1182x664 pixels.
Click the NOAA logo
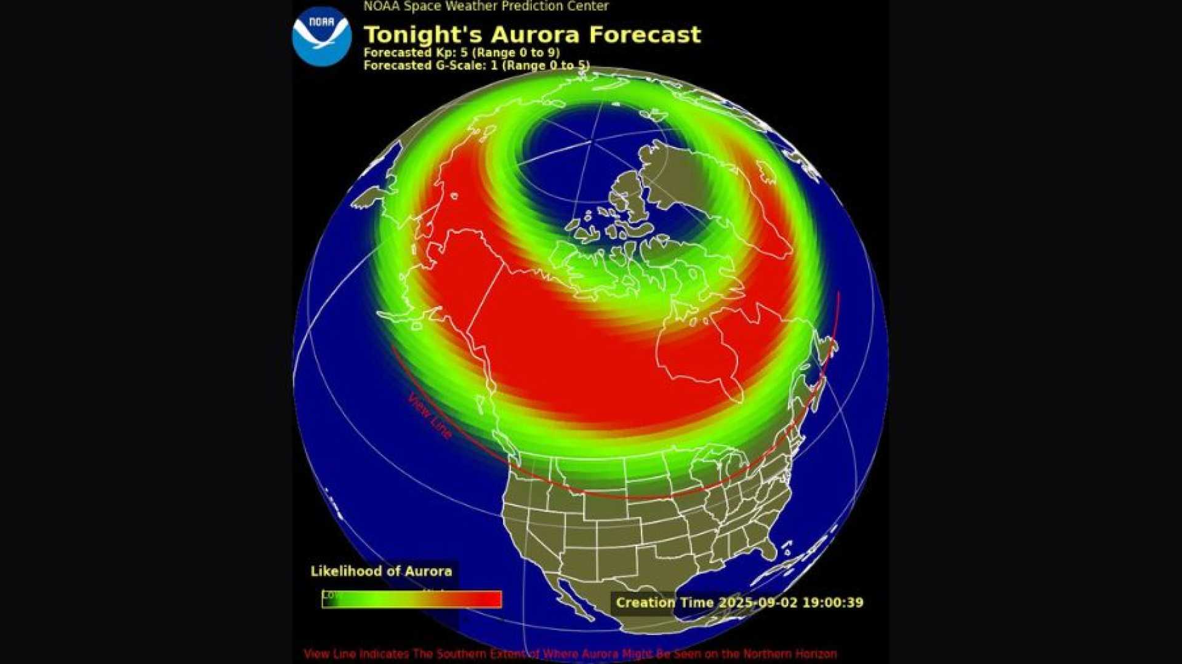pyautogui.click(x=321, y=36)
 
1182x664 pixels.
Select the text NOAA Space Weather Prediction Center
pyautogui.click(x=486, y=7)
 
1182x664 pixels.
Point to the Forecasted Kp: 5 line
pyautogui.click(x=461, y=53)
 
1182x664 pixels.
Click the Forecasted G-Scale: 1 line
pyautogui.click(x=476, y=65)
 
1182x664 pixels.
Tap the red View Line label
pyautogui.click(x=429, y=417)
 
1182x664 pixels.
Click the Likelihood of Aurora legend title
pyautogui.click(x=381, y=571)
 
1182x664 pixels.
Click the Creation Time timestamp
pyautogui.click(x=739, y=602)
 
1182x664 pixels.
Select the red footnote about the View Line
pyautogui.click(x=569, y=654)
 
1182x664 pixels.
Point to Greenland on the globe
pyautogui.click(x=683, y=185)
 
